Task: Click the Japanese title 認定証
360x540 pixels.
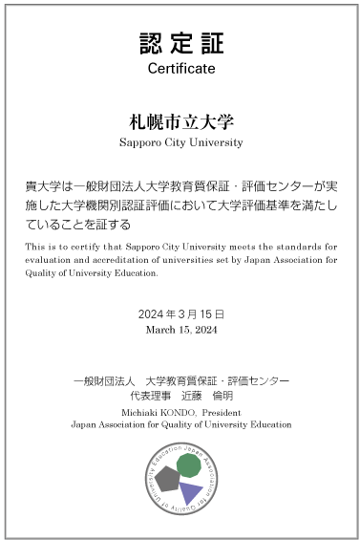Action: click(x=180, y=44)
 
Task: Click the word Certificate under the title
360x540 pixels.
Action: click(x=180, y=69)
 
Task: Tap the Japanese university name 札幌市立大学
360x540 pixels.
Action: click(x=180, y=122)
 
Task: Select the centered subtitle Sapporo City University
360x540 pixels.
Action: click(x=180, y=142)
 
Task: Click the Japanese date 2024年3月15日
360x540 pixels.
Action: click(x=180, y=313)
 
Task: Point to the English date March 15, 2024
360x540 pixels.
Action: click(x=180, y=330)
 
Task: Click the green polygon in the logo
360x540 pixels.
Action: click(x=189, y=465)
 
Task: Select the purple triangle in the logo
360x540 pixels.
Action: click(x=191, y=492)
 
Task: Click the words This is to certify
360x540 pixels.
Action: click(x=53, y=247)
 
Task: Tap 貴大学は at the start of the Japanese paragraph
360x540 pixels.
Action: click(x=45, y=187)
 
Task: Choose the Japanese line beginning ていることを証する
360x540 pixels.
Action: click(x=77, y=225)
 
